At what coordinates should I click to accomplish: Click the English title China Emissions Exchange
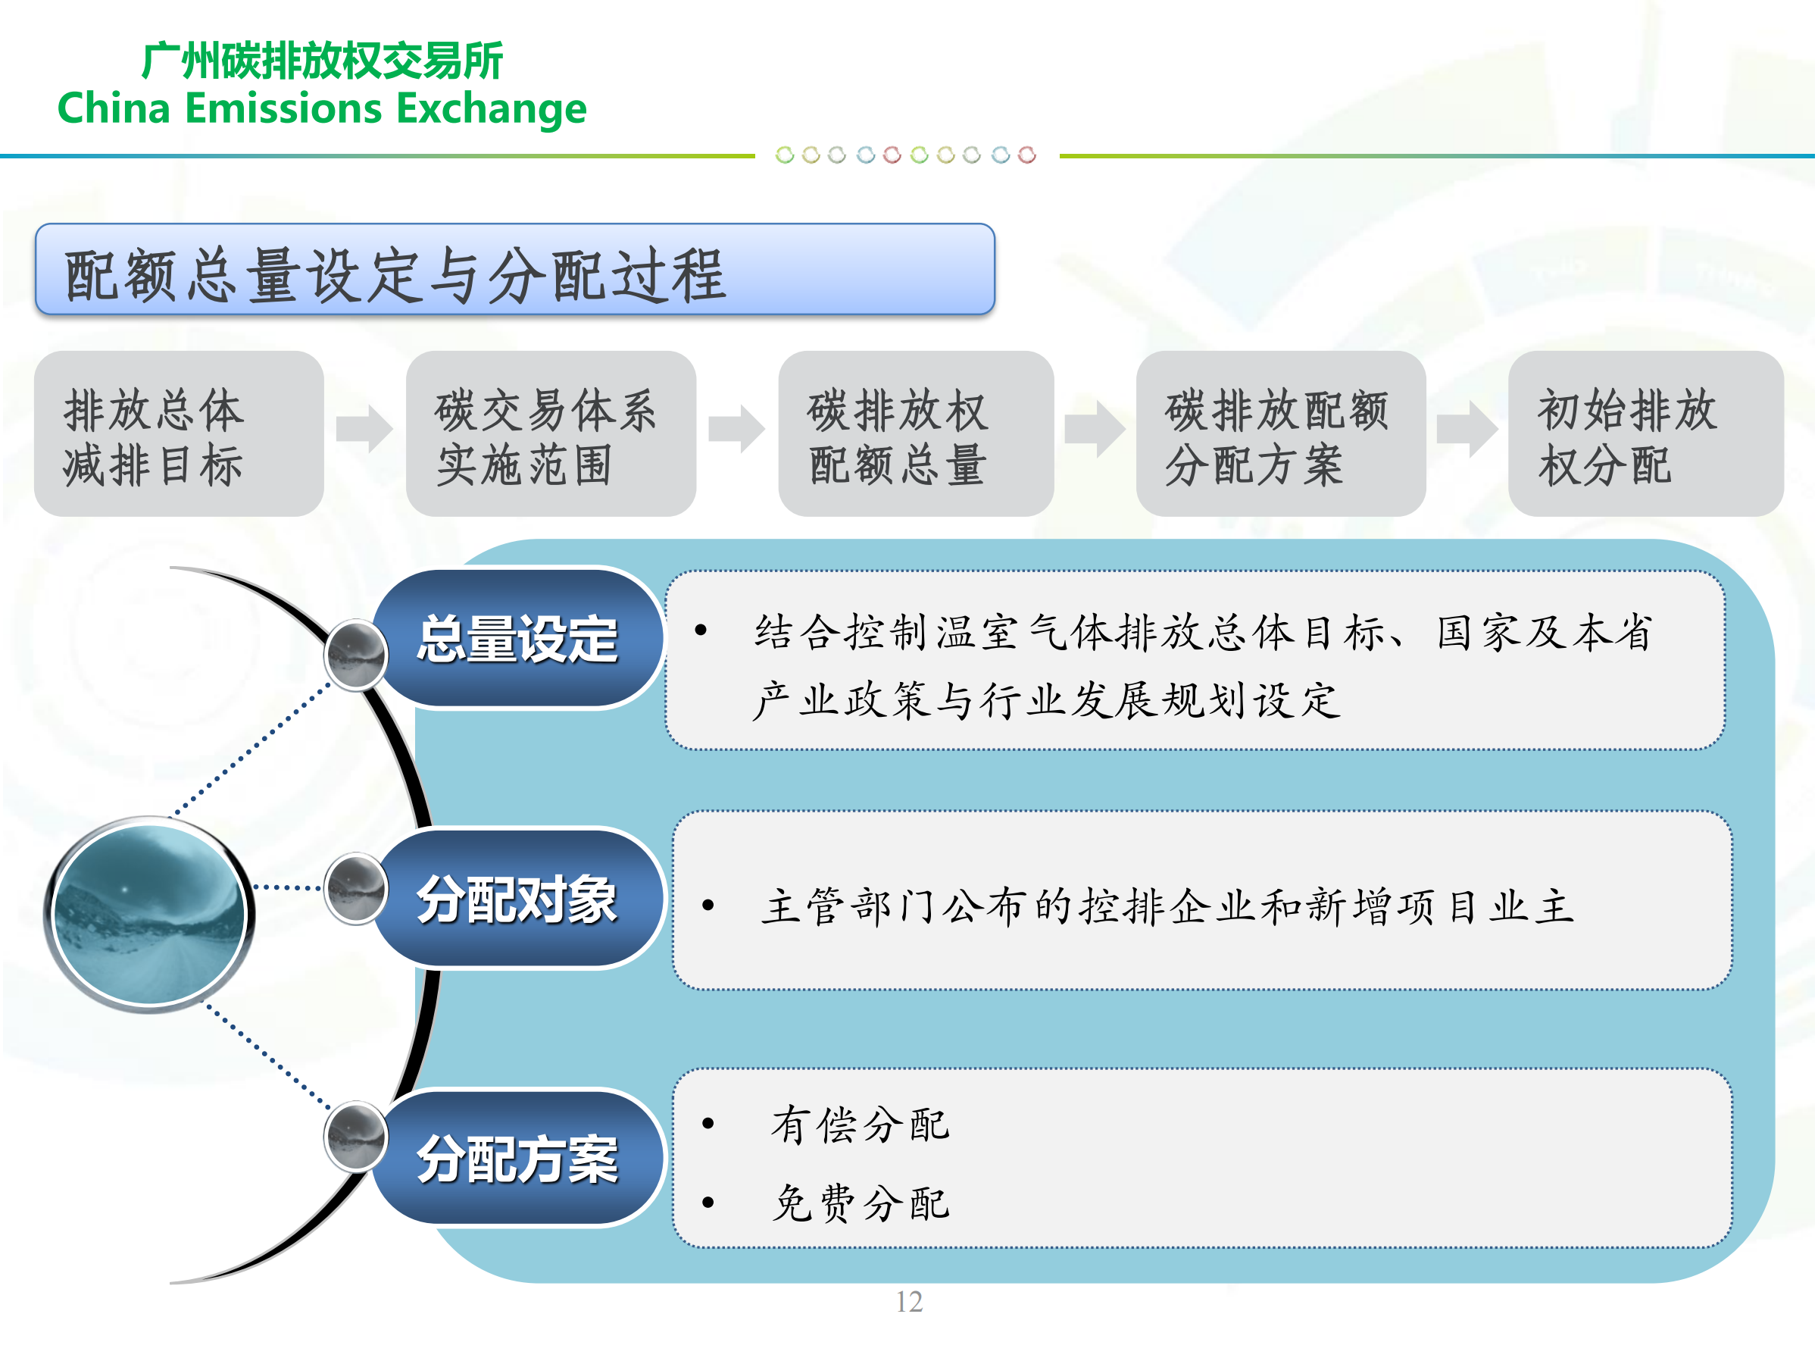pos(321,108)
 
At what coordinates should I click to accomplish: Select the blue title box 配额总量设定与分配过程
pos(514,270)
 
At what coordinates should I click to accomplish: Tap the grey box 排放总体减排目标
pos(178,434)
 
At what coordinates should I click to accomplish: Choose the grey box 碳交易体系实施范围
pos(550,434)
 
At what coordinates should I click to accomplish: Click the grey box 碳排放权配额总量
pos(915,434)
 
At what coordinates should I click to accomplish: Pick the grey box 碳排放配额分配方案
pos(1279,434)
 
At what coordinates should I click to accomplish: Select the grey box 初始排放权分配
pos(1645,434)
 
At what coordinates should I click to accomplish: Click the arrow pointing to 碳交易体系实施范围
pos(366,428)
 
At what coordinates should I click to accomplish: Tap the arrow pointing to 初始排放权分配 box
pos(1467,428)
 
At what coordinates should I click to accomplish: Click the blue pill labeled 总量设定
pos(518,639)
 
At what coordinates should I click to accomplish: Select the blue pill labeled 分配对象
pos(518,899)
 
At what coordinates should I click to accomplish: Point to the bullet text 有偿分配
pos(860,1125)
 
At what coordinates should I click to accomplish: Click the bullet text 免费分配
pos(860,1203)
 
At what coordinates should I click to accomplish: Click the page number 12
pos(909,1302)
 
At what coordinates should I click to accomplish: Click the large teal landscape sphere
pos(148,915)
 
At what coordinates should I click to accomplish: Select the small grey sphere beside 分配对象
pos(356,889)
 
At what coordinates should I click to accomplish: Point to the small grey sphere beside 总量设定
pos(356,655)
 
